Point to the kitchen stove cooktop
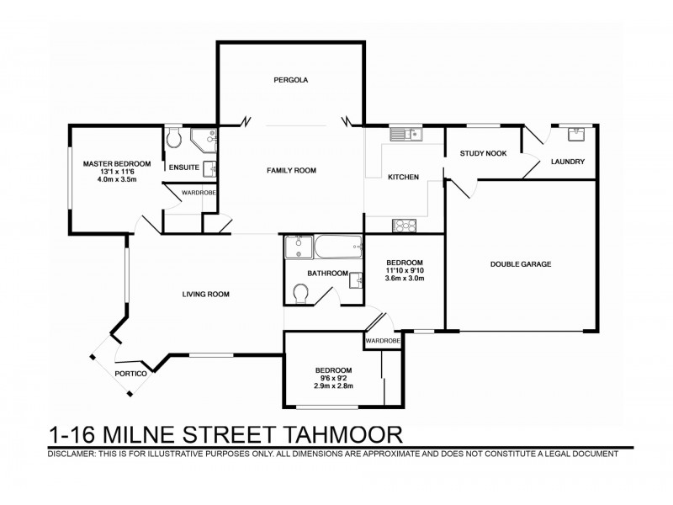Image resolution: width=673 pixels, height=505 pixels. point(404,225)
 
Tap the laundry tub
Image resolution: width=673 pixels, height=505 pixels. point(577,134)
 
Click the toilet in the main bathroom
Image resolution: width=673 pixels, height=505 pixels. point(299,293)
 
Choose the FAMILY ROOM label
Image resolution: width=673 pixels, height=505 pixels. point(291,171)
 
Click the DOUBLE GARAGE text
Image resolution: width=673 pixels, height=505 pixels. point(521,263)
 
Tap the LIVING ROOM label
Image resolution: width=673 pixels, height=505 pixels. point(206,294)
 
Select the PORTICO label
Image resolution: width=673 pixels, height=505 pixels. point(131,373)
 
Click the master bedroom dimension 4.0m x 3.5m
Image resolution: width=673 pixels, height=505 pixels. point(105,179)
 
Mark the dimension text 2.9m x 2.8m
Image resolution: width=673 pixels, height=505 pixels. point(333,387)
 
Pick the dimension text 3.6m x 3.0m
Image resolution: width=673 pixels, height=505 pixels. point(405,279)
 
